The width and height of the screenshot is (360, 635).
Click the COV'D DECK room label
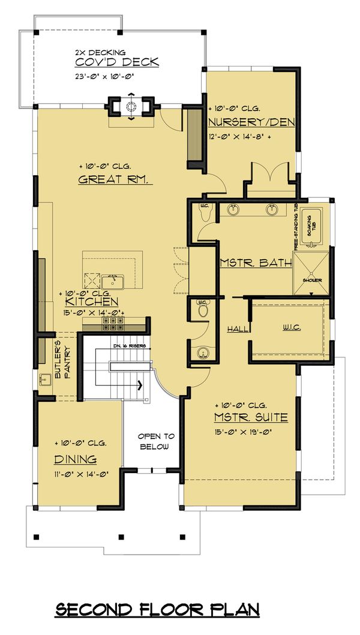(x=116, y=62)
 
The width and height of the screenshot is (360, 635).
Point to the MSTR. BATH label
(x=256, y=263)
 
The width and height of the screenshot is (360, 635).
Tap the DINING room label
(x=76, y=459)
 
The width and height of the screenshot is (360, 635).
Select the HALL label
(x=235, y=329)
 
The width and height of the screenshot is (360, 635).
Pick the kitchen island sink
(x=112, y=280)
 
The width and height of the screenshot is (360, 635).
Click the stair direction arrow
(x=142, y=385)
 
